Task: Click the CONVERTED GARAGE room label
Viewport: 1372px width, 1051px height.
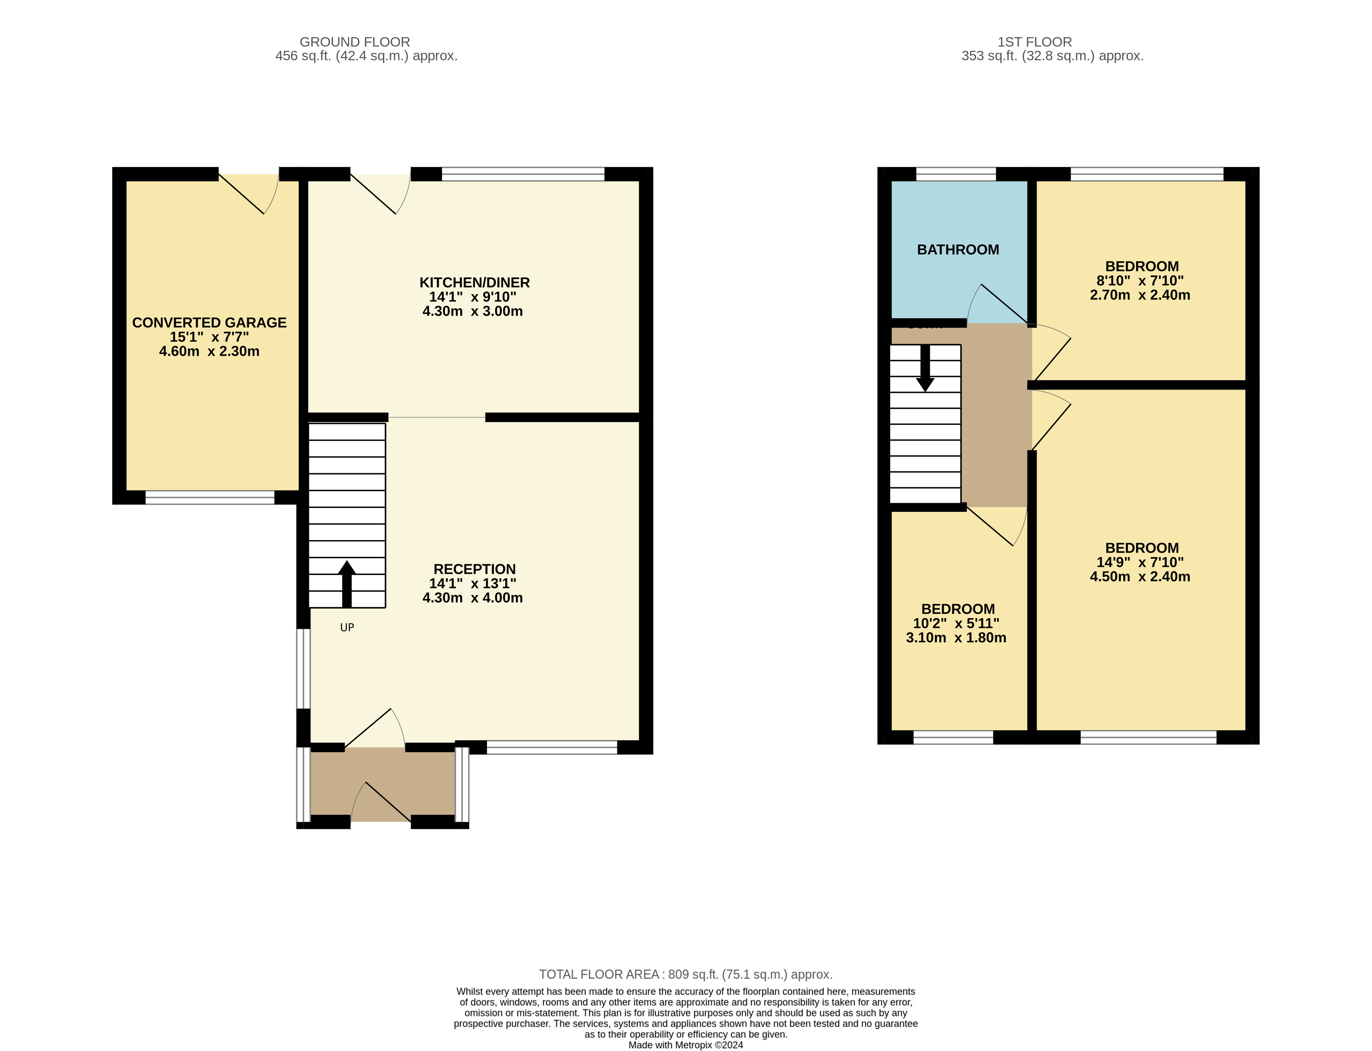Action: [209, 323]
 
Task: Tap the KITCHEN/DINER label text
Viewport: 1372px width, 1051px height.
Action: [475, 283]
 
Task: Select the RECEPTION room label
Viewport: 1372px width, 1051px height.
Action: [475, 569]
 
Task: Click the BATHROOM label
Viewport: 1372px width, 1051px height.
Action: [958, 250]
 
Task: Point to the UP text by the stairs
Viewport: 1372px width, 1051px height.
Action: [347, 628]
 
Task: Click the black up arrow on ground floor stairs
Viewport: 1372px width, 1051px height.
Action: [347, 584]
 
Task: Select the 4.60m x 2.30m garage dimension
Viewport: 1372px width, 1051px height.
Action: [209, 352]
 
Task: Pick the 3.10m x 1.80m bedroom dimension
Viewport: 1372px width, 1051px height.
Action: [956, 638]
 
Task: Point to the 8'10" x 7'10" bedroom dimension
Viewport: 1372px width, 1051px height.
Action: [1140, 281]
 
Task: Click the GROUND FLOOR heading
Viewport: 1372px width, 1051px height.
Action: [354, 42]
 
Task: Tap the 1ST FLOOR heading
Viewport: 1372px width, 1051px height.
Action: [1034, 42]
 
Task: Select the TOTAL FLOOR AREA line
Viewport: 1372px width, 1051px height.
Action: [686, 974]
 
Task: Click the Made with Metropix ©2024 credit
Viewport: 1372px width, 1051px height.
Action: [686, 1045]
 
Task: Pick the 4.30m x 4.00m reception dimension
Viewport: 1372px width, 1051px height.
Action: [473, 598]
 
